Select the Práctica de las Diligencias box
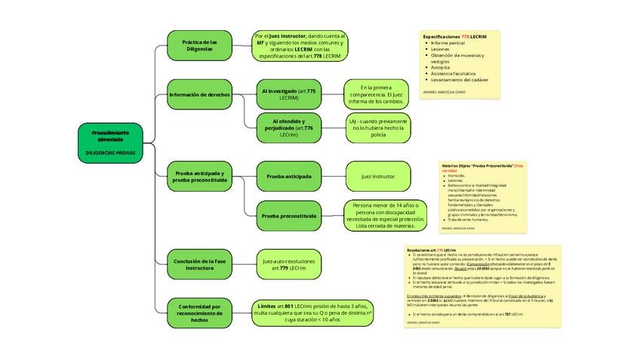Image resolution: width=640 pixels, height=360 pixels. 199,46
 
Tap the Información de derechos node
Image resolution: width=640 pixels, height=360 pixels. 199,95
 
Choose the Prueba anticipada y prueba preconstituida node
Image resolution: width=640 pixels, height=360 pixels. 199,177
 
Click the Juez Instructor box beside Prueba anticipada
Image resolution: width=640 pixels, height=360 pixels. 377,176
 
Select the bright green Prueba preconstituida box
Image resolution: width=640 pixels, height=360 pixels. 288,216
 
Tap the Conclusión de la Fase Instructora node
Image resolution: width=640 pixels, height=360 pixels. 199,264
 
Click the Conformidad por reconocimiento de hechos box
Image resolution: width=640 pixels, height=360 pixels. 199,313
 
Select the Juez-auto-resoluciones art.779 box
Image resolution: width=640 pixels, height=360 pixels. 288,264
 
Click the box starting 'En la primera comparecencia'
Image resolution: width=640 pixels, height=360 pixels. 376,94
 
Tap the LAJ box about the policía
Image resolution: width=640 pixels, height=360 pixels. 377,128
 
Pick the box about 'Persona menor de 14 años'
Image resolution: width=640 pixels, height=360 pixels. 385,215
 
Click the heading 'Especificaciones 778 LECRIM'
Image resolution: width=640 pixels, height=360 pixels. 454,36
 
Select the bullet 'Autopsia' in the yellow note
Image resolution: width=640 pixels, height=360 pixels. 439,67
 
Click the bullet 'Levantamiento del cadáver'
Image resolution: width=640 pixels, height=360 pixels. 460,79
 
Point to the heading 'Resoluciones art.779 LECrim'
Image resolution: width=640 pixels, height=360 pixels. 431,249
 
